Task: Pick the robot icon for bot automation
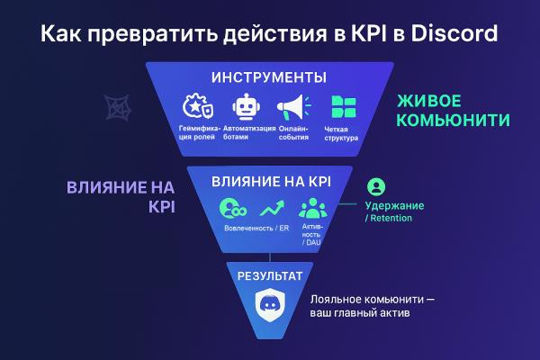tap(245, 108)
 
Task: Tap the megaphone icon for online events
tap(292, 108)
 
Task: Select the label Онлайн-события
tap(292, 134)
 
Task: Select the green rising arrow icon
tap(272, 210)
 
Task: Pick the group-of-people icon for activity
tap(312, 209)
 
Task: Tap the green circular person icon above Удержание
tap(377, 187)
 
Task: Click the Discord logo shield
tap(270, 302)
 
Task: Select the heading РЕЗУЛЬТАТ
tap(270, 272)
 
